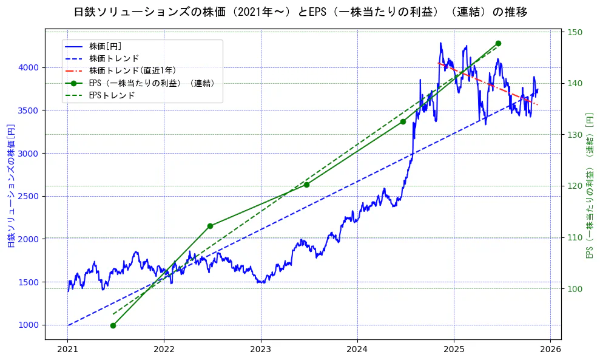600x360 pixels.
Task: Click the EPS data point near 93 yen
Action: click(x=113, y=325)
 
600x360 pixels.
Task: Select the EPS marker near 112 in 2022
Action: click(x=210, y=226)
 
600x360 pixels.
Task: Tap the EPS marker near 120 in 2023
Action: click(x=306, y=185)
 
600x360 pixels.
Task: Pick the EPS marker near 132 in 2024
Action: click(x=403, y=121)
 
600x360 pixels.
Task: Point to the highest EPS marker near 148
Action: click(x=498, y=43)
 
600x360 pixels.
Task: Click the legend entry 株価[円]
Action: click(x=106, y=46)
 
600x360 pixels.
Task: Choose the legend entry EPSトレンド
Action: click(x=112, y=95)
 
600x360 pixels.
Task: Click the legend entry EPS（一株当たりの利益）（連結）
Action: click(x=152, y=83)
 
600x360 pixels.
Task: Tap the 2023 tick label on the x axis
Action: click(x=260, y=350)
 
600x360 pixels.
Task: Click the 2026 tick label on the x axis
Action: click(x=550, y=350)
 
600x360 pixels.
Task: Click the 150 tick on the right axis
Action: click(x=575, y=32)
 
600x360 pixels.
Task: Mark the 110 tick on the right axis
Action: click(x=575, y=237)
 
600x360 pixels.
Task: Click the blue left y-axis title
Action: click(x=11, y=186)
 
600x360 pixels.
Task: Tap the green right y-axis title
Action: click(x=589, y=186)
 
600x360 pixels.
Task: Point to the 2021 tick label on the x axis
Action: click(x=67, y=350)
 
